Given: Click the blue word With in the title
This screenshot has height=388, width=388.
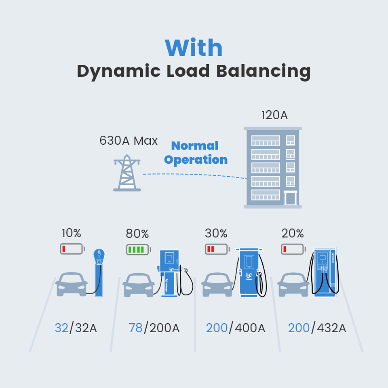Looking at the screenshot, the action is pyautogui.click(x=194, y=48).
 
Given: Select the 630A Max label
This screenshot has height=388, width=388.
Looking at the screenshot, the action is pyautogui.click(x=129, y=141).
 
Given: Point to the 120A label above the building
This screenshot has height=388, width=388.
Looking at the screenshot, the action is pyautogui.click(x=274, y=115).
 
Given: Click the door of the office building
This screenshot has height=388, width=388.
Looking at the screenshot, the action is pyautogui.click(x=291, y=198).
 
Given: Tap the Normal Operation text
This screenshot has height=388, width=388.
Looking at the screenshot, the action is pyautogui.click(x=196, y=153).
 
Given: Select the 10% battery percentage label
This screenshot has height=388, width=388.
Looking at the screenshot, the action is pyautogui.click(x=72, y=233).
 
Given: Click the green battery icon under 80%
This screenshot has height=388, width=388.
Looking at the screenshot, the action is pyautogui.click(x=138, y=249).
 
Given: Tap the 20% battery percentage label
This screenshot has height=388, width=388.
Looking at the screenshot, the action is pyautogui.click(x=293, y=233).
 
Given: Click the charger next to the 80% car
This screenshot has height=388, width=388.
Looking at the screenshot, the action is pyautogui.click(x=170, y=273).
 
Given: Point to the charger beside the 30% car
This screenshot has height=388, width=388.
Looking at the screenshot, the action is pyautogui.click(x=249, y=273).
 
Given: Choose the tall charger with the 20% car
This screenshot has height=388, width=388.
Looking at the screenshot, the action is pyautogui.click(x=325, y=273).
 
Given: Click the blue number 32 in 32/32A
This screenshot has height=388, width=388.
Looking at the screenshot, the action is pyautogui.click(x=61, y=328).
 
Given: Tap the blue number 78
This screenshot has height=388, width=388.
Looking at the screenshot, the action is pyautogui.click(x=136, y=328).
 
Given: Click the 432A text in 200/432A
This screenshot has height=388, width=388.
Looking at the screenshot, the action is pyautogui.click(x=331, y=328).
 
